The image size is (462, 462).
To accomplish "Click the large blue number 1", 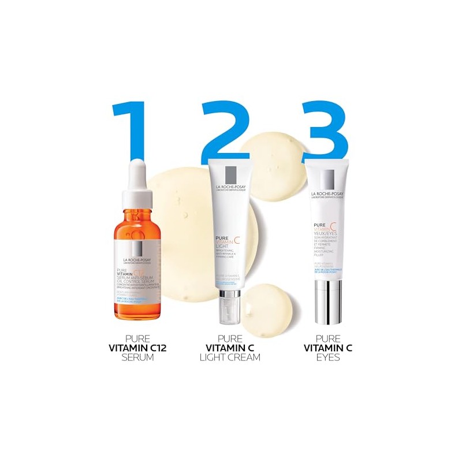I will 131,130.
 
